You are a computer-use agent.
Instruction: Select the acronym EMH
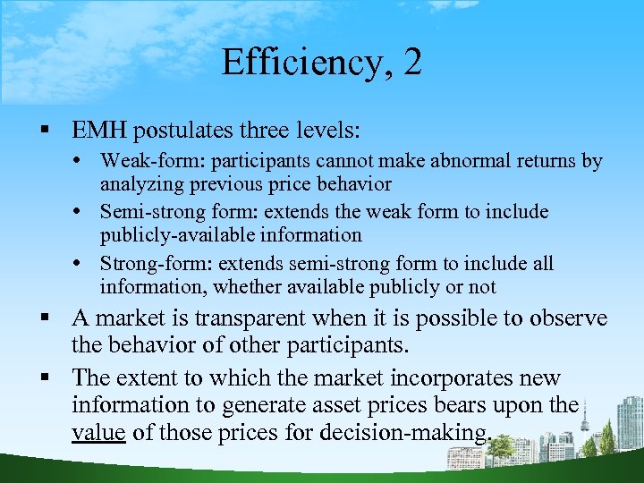99,131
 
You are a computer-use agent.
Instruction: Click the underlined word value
98,434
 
